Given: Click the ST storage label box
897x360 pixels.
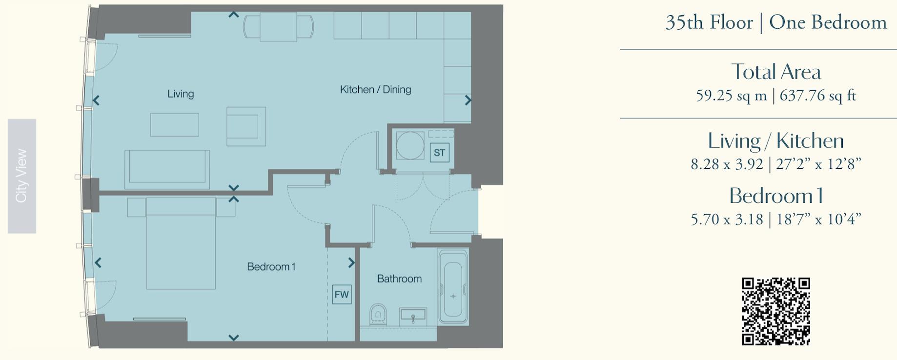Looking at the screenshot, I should pos(439,153).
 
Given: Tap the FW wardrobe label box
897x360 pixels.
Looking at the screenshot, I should pos(342,295).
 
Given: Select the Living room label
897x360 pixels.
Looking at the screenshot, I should pos(181,94).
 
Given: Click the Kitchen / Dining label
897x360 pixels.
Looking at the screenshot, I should pos(375,89).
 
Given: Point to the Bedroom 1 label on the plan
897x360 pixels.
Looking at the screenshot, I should pos(271,267).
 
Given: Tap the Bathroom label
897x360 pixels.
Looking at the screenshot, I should pos(399,279).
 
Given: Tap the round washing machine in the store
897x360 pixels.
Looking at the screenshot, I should pos(410,145).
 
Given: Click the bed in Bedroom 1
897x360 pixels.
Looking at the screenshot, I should pos(181,244).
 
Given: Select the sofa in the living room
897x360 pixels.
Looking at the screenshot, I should pos(167,168).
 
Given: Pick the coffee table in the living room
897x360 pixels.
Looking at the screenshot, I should pos(175,125).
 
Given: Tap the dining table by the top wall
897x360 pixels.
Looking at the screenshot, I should pos(278,27).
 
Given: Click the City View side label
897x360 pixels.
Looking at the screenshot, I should pos(21,176).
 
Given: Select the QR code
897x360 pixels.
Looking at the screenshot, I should pos(776,311).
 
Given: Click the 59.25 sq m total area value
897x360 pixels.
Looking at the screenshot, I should pos(731,96).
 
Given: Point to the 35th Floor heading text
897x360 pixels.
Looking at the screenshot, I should pos(709,22).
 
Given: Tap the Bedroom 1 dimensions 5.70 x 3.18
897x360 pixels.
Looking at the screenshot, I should pos(727,220).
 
